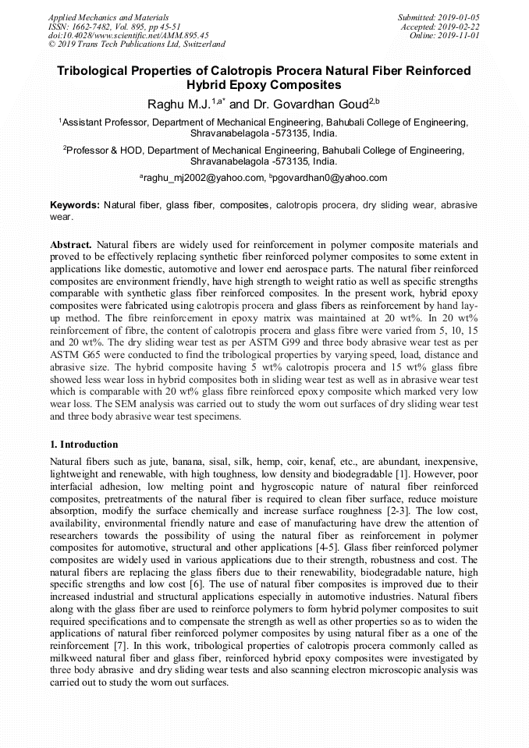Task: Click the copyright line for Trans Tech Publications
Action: [137, 44]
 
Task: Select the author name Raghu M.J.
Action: [179, 104]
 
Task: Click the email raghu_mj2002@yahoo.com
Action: [204, 178]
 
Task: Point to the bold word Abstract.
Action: [71, 244]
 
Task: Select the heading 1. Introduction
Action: [83, 444]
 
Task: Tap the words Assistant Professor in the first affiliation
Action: [104, 122]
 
